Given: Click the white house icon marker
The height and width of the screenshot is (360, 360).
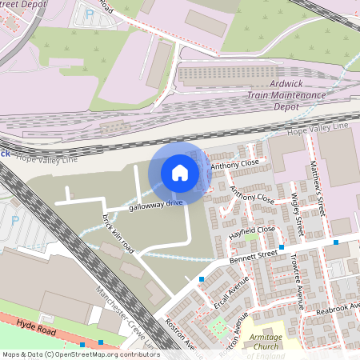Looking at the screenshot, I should pyautogui.click(x=180, y=172).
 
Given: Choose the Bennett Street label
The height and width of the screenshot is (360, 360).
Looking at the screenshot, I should pyautogui.click(x=252, y=255).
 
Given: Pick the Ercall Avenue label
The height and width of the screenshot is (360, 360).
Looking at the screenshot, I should pyautogui.click(x=238, y=295).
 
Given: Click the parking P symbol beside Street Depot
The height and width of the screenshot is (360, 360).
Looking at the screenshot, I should pyautogui.click(x=89, y=14).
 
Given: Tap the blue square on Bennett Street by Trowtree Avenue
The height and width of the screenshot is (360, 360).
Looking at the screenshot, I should pyautogui.click(x=336, y=242).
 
